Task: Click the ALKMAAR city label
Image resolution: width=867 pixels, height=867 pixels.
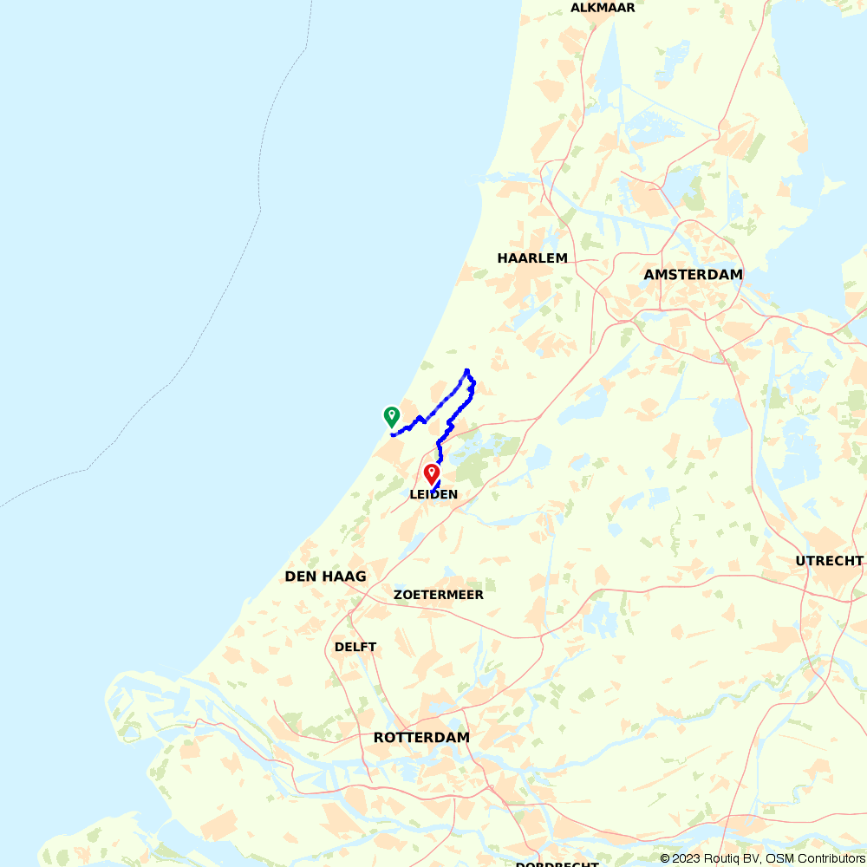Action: pyautogui.click(x=603, y=8)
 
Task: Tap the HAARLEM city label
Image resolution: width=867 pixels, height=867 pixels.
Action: pyautogui.click(x=532, y=258)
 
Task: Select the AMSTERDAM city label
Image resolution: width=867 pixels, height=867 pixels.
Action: pyautogui.click(x=693, y=275)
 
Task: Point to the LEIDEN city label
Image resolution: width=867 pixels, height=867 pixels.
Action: pyautogui.click(x=433, y=495)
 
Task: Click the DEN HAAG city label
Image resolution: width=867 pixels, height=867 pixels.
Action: pyautogui.click(x=325, y=577)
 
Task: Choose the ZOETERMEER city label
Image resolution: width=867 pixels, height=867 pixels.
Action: pyautogui.click(x=438, y=596)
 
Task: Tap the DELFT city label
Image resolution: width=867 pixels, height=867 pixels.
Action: pyautogui.click(x=355, y=648)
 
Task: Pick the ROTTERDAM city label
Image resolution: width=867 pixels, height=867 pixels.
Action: pyautogui.click(x=421, y=738)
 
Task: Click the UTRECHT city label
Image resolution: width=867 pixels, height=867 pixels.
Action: pyautogui.click(x=829, y=561)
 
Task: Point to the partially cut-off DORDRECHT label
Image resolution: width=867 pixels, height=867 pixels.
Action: pyautogui.click(x=557, y=864)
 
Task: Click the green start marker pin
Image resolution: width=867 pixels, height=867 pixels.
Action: pyautogui.click(x=391, y=417)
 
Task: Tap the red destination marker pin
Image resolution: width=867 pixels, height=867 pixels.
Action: pyautogui.click(x=431, y=473)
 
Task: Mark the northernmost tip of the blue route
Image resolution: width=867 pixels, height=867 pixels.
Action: pyautogui.click(x=467, y=370)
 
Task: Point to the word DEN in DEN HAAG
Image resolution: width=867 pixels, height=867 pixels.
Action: pyautogui.click(x=299, y=577)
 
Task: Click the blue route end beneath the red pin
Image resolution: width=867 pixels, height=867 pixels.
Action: pyautogui.click(x=433, y=492)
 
